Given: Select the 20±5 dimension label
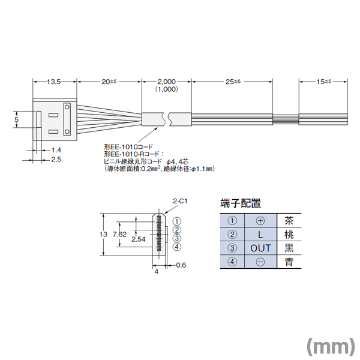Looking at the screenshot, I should (109, 81).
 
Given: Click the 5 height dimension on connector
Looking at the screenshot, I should (17, 121).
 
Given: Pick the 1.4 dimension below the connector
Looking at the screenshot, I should (56, 149).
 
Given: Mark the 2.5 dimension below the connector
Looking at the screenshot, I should (56, 160).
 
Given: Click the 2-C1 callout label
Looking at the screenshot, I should (179, 202).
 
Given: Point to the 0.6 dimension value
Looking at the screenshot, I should (181, 265).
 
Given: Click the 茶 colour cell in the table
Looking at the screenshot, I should (289, 220).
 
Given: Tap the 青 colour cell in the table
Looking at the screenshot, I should (289, 262).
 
